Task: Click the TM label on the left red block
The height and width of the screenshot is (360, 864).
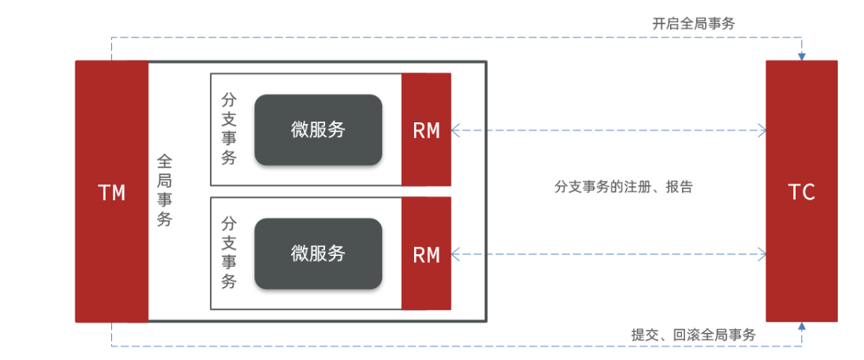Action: (x=111, y=192)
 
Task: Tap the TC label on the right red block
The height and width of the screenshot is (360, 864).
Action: (x=801, y=192)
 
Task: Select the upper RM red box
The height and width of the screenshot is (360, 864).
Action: (x=426, y=130)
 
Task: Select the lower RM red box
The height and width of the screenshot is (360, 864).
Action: (x=426, y=254)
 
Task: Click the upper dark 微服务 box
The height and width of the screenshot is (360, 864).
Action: (x=318, y=130)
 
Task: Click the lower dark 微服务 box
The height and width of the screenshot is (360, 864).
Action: (x=318, y=254)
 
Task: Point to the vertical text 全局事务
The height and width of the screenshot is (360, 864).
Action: (x=165, y=191)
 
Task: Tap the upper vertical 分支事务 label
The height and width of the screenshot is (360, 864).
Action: (x=229, y=130)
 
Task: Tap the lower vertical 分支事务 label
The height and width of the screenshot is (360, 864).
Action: (x=229, y=254)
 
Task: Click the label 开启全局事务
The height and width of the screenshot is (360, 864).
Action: (x=693, y=24)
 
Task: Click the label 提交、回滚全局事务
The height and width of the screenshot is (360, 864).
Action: (x=693, y=335)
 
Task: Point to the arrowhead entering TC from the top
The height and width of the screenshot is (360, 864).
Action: (x=802, y=56)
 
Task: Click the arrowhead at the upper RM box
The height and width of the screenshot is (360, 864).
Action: (x=455, y=130)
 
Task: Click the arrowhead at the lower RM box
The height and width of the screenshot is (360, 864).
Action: (x=455, y=254)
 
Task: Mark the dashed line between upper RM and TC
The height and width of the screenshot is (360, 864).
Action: (x=608, y=130)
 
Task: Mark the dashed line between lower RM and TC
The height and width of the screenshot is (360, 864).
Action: (x=608, y=254)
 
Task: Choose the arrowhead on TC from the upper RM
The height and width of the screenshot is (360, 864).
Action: (x=761, y=130)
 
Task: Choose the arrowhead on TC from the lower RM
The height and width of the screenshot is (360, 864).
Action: (x=761, y=254)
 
